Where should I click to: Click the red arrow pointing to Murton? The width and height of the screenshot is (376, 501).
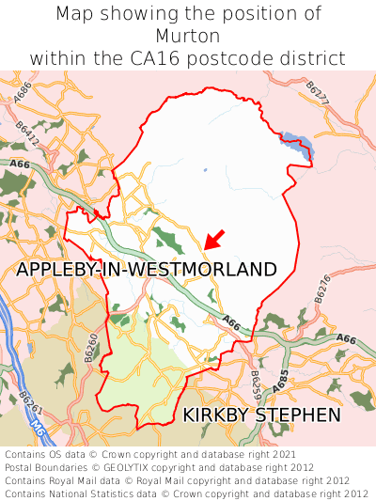pos(215,239)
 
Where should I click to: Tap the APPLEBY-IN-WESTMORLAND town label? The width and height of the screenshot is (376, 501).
pos(147,270)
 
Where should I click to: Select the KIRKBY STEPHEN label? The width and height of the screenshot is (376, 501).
pos(261,414)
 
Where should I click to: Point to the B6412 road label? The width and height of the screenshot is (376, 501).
pos(29,133)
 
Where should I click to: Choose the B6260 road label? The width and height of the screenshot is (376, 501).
pos(91,349)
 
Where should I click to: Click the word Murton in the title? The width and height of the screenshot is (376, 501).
pos(188,36)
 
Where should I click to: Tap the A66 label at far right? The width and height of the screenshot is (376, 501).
pos(346,338)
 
